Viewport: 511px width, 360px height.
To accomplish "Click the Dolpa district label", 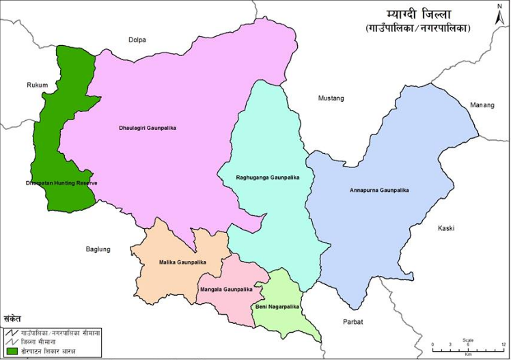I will click(138, 40).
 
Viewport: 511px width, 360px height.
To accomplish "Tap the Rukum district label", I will click(38, 85).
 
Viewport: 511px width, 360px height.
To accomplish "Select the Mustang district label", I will click(331, 98).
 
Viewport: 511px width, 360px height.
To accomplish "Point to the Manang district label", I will click(482, 105).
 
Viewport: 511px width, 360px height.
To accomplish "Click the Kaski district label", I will click(446, 228).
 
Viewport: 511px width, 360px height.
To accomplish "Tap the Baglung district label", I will click(98, 249).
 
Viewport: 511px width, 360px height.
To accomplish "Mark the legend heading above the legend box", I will click(13, 318).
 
